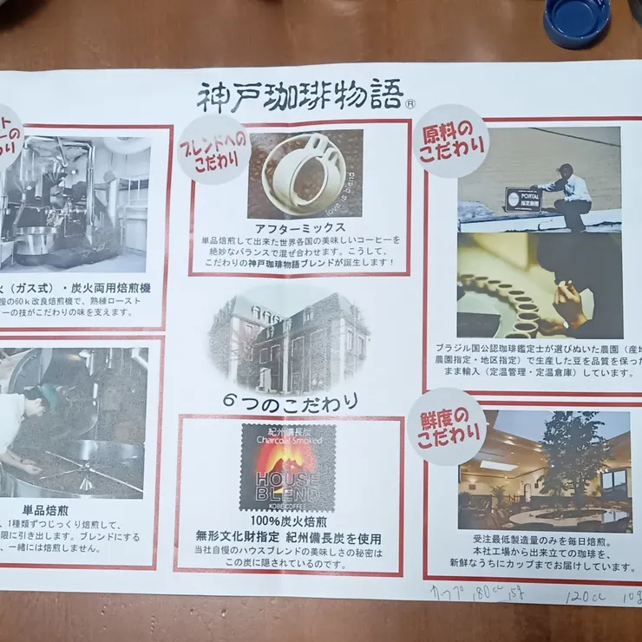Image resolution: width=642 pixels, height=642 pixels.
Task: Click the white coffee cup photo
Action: [305, 173]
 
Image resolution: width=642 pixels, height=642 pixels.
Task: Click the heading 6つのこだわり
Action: [288, 402]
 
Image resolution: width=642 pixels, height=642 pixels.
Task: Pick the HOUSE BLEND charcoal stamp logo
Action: [287, 467]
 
